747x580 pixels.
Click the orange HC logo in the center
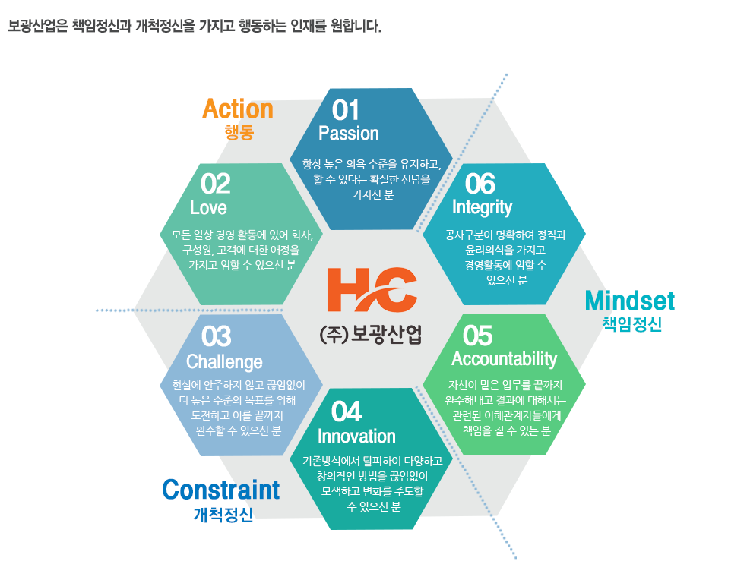(372, 289)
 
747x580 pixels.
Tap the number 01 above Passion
(345, 110)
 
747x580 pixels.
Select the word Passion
(349, 133)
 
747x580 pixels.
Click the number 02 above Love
(215, 184)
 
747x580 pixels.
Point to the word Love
(208, 207)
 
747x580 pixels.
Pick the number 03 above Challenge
(217, 336)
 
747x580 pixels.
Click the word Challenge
(224, 362)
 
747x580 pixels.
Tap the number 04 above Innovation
(347, 411)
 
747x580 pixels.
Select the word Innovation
(356, 437)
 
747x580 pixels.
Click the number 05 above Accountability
(477, 336)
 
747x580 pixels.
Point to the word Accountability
(504, 359)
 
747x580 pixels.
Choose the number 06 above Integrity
(480, 184)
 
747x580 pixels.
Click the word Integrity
(482, 208)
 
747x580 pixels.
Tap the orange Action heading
(238, 109)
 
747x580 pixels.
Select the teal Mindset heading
(630, 301)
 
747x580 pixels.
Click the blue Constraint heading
(221, 490)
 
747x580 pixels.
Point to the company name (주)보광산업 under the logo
(371, 334)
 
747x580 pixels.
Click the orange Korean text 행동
(239, 132)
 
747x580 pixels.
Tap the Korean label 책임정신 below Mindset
(632, 324)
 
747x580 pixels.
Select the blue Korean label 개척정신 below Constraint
(223, 515)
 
